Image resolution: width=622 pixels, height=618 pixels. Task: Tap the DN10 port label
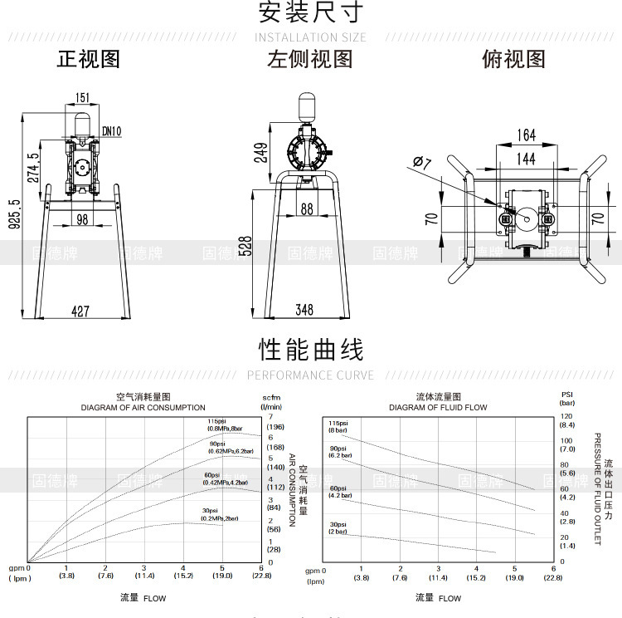(x=112, y=130)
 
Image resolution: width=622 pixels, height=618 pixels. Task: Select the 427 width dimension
(x=80, y=311)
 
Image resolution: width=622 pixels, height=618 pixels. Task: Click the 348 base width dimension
(x=304, y=310)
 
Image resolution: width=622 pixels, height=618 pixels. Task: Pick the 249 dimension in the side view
(x=261, y=153)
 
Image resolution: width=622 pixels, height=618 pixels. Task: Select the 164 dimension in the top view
(x=526, y=135)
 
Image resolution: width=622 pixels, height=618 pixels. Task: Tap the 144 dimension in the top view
(x=526, y=158)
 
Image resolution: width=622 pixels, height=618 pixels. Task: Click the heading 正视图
(x=89, y=59)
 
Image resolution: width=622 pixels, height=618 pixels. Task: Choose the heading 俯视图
(x=513, y=59)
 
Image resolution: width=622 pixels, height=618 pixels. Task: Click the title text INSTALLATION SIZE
(x=310, y=37)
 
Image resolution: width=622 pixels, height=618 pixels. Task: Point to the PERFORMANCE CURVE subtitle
(x=310, y=375)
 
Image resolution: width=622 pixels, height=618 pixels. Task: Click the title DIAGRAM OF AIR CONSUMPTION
(x=143, y=408)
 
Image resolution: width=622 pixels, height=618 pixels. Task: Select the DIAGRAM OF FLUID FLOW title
(x=438, y=408)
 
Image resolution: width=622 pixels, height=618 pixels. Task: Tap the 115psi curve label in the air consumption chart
(x=217, y=421)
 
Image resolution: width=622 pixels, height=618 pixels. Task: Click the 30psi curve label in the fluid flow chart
(x=338, y=524)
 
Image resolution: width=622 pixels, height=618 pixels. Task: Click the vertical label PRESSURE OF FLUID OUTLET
(x=597, y=488)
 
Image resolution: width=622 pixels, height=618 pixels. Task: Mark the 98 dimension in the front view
(x=82, y=218)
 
